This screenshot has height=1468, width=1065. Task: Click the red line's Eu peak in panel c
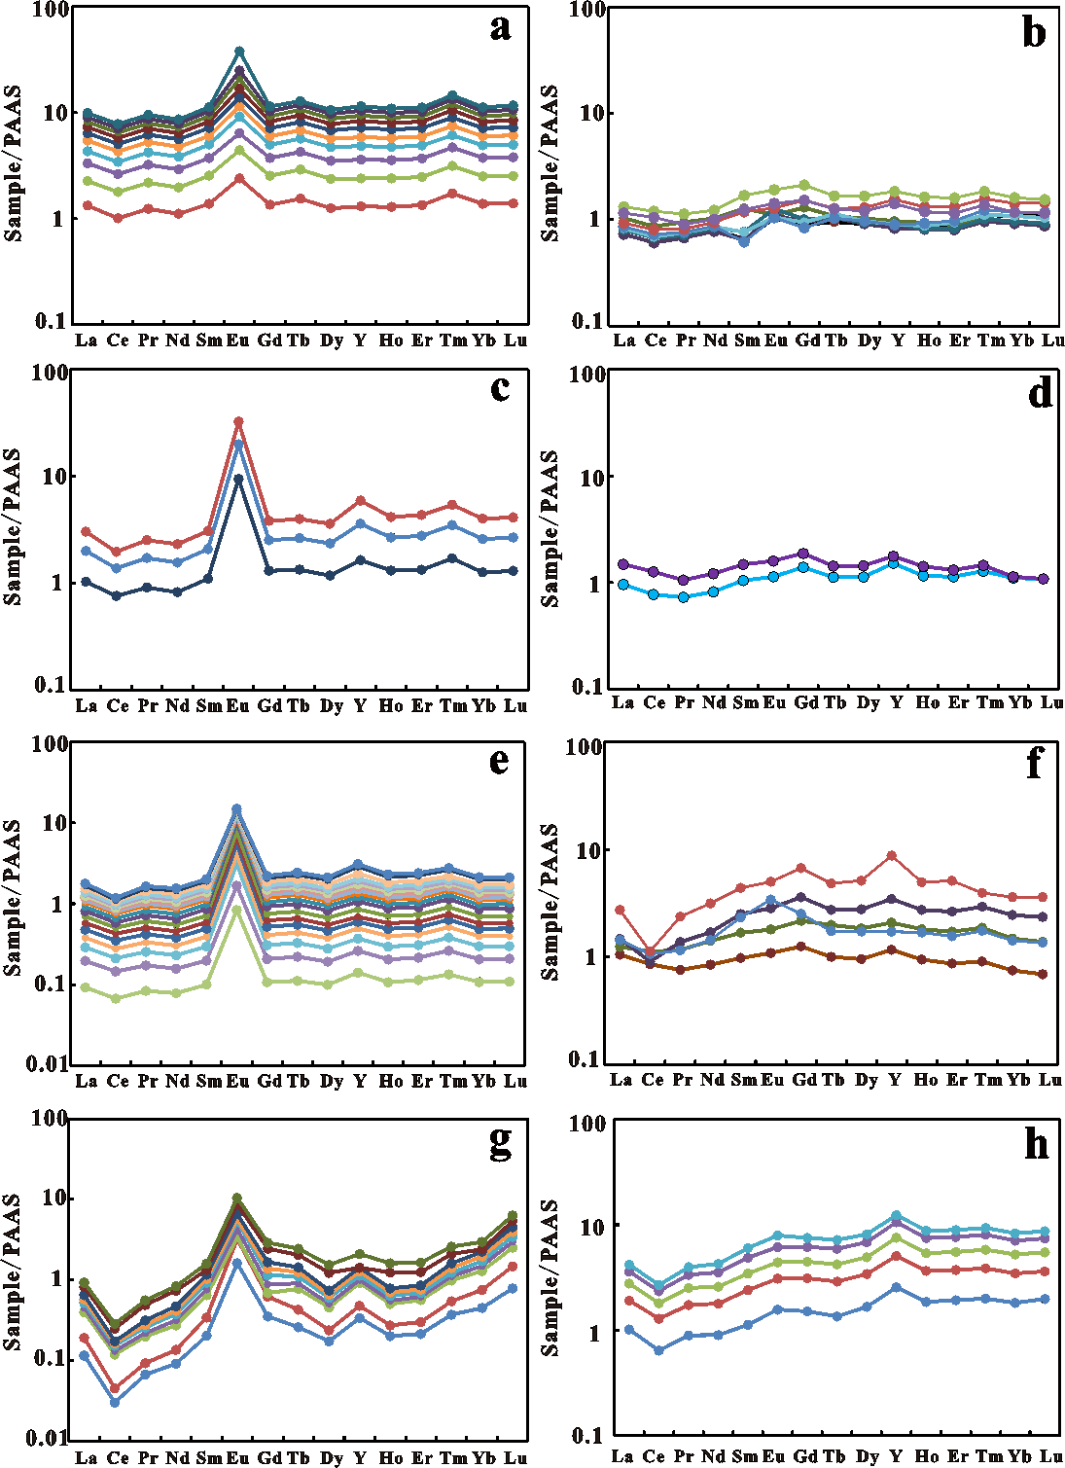pyautogui.click(x=238, y=422)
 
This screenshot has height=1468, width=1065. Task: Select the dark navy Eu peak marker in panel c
pyautogui.click(x=238, y=479)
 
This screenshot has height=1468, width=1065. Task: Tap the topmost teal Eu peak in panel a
pyautogui.click(x=239, y=52)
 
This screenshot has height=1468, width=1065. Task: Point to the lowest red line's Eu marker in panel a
pyautogui.click(x=239, y=179)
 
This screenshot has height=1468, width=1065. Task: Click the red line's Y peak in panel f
pyautogui.click(x=892, y=855)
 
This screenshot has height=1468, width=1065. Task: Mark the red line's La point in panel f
pyautogui.click(x=620, y=910)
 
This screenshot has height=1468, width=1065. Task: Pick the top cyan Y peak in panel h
pyautogui.click(x=896, y=1215)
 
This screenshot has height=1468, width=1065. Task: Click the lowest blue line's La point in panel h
pyautogui.click(x=628, y=1329)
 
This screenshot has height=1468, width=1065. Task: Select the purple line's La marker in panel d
pyautogui.click(x=623, y=564)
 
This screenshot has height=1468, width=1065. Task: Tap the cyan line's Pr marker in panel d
pyautogui.click(x=684, y=597)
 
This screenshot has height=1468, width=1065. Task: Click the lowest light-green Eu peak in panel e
pyautogui.click(x=237, y=909)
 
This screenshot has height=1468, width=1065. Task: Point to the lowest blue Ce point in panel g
pyautogui.click(x=115, y=1402)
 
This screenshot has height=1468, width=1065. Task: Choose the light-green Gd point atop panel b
pyautogui.click(x=804, y=184)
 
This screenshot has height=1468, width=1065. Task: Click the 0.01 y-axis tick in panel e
pyautogui.click(x=46, y=1063)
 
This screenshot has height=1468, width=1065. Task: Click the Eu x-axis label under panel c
pyautogui.click(x=238, y=705)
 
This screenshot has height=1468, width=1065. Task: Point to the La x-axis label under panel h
pyautogui.click(x=625, y=1456)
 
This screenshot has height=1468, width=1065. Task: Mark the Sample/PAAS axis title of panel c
pyautogui.click(x=13, y=526)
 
